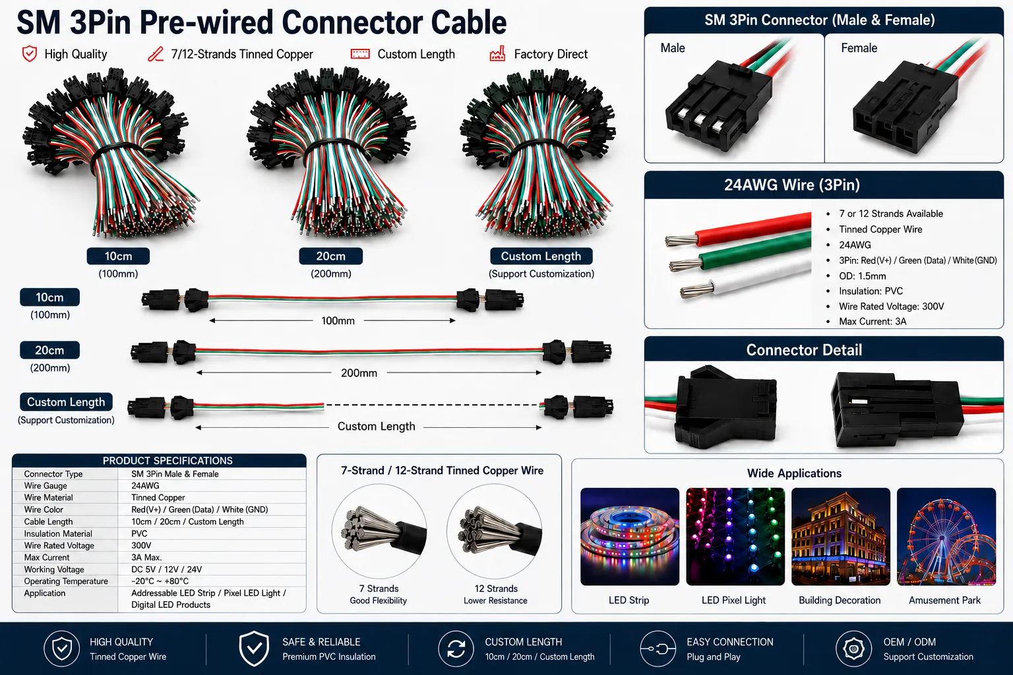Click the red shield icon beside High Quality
click(x=30, y=54)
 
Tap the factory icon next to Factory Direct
click(x=497, y=53)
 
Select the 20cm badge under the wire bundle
click(x=330, y=256)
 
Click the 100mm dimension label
click(x=338, y=320)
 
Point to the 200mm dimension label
click(x=359, y=373)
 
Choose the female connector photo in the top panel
click(x=913, y=102)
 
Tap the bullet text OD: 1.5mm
click(x=863, y=276)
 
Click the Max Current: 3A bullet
click(x=873, y=322)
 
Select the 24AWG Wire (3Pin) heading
click(x=792, y=185)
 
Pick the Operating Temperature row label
click(x=66, y=581)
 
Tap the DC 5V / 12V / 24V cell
click(x=166, y=570)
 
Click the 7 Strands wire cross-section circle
click(x=379, y=531)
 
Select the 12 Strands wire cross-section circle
click(x=494, y=531)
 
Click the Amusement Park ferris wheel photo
click(x=946, y=536)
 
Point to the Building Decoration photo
click(x=841, y=536)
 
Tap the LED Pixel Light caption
click(x=733, y=601)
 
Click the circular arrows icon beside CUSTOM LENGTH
click(x=456, y=649)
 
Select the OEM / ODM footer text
click(x=909, y=642)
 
